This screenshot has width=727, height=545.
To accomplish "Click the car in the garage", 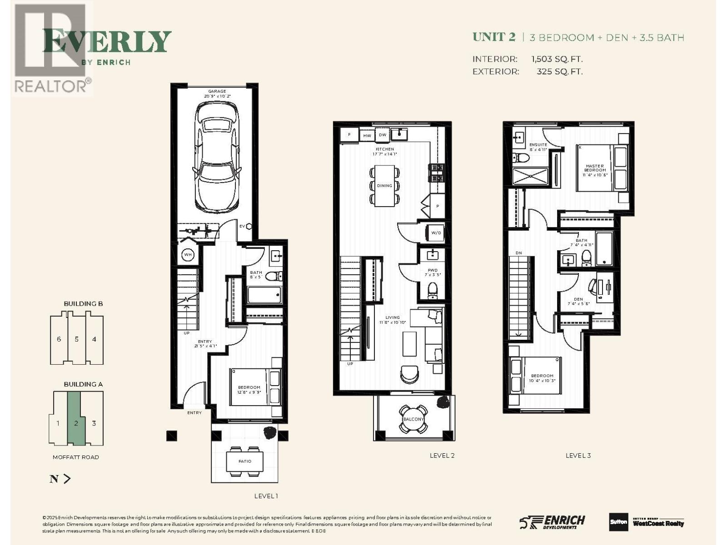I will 217,157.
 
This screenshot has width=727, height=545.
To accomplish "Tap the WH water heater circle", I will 188,255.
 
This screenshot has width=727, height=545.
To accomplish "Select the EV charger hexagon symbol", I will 249,226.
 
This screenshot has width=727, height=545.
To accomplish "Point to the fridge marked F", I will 349,135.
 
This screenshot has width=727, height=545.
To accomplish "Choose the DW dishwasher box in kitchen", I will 383,135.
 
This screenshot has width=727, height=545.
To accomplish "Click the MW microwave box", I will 367,135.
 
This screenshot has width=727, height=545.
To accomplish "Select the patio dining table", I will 245,461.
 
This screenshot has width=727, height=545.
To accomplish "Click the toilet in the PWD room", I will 433,290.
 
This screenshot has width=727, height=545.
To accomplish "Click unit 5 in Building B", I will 76,339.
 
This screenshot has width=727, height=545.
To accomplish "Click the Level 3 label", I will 578,456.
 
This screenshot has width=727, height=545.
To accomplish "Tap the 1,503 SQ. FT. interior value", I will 557,59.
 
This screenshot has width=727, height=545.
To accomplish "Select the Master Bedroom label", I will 595,168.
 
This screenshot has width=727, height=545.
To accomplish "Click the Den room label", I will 578,300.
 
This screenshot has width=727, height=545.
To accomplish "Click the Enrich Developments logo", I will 553,522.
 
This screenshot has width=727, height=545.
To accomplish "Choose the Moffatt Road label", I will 75,457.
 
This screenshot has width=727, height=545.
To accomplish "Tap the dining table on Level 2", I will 384,185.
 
